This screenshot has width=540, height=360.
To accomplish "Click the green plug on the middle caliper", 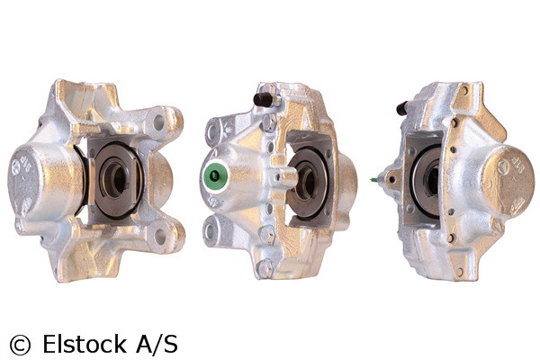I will pos(215,177).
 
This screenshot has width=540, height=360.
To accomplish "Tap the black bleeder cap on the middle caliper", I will pos(263,99).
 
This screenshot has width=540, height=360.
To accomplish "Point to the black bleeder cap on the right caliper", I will pos(402,109).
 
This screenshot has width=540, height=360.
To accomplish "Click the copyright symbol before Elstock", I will pos(19,344).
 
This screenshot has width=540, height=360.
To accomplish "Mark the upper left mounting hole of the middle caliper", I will pos(214,131).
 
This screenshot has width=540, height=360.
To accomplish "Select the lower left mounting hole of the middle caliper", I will pos(212,229).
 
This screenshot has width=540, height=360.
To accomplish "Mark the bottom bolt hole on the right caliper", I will pos(459,270).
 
